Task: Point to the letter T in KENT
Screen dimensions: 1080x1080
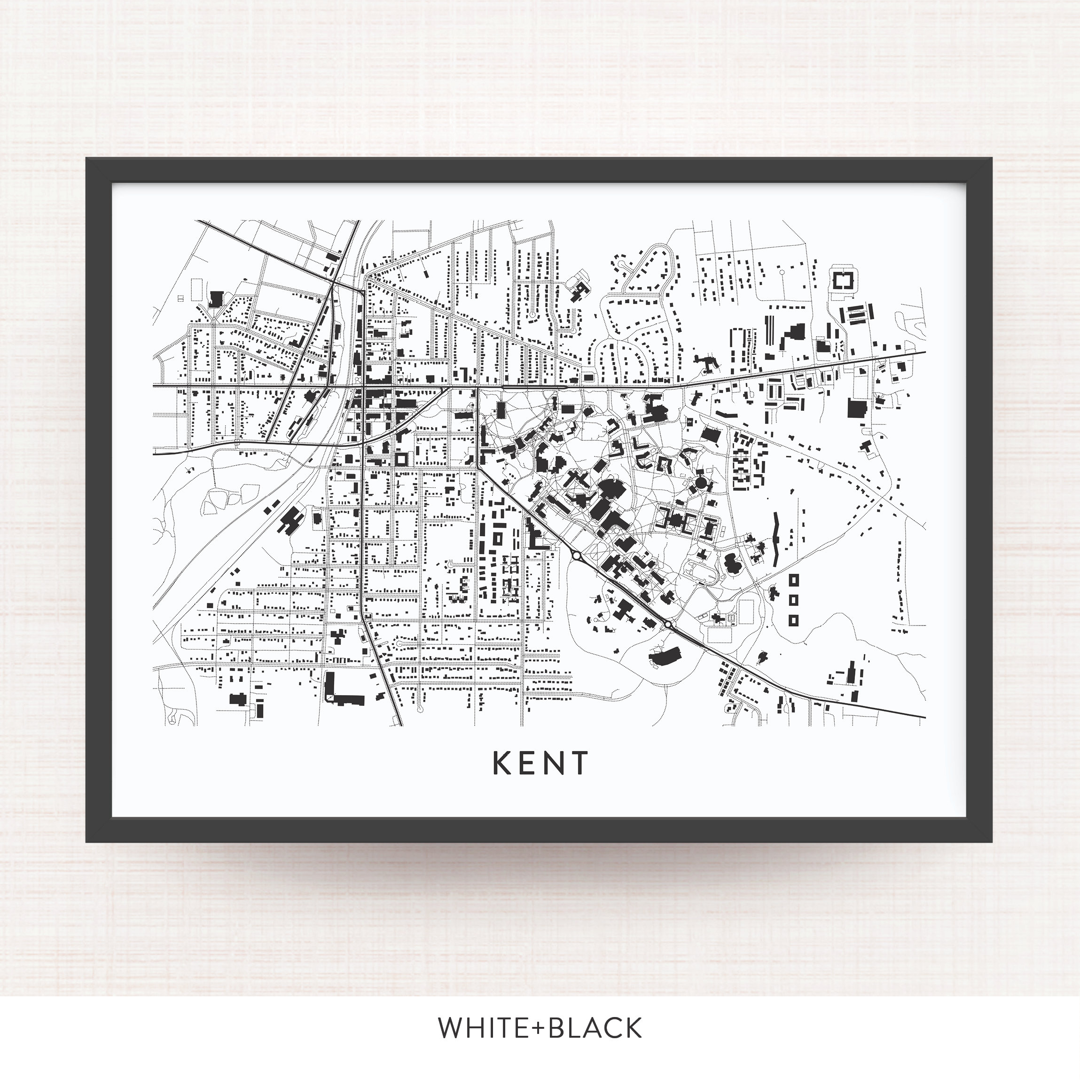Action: point(579,763)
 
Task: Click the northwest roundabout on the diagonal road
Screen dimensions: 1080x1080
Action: point(575,556)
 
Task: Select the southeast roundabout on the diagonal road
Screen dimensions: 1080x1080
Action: point(668,624)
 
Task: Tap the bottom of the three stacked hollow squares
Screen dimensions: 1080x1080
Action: point(794,620)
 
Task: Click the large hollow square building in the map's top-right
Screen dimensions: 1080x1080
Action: point(844,280)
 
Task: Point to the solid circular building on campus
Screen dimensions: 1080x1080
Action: point(702,481)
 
